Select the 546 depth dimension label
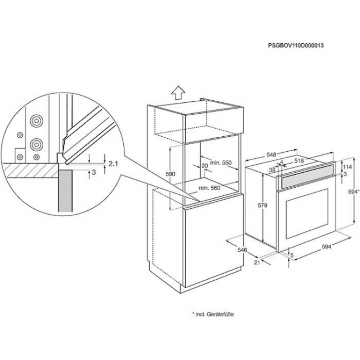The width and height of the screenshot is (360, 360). pos(242,250)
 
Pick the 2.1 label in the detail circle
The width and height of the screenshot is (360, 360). pos(114,164)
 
